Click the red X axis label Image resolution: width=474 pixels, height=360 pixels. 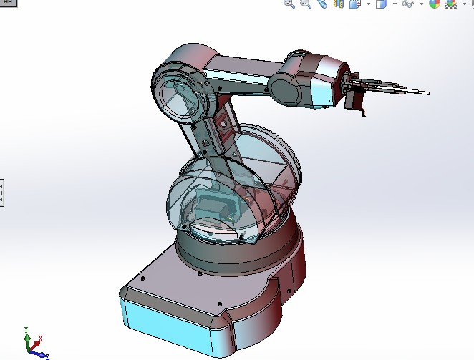click(x=40, y=337)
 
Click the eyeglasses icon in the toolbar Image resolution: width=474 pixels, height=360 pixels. click(x=408, y=4)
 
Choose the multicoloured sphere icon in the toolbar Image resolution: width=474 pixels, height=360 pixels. click(x=434, y=4)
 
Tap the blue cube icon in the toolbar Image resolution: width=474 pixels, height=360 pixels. click(x=382, y=4)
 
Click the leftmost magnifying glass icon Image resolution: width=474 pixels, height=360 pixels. click(x=289, y=4)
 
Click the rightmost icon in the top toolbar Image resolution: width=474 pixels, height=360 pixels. click(x=452, y=4)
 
